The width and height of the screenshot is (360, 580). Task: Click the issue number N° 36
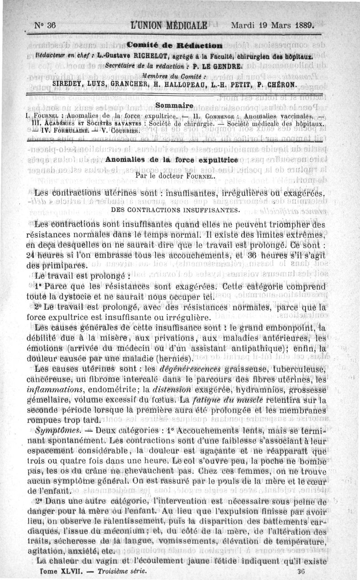coord(45,25)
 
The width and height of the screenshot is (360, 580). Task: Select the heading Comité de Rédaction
coord(174,45)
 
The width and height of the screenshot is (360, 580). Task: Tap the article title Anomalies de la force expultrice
coord(171,160)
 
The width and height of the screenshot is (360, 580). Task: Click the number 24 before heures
coord(20,254)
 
